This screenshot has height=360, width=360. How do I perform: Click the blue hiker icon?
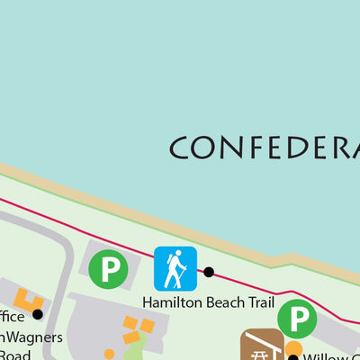click(175, 268)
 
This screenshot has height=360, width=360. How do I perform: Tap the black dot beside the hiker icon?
click(209, 272)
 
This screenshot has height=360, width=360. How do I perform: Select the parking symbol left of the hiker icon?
click(110, 268)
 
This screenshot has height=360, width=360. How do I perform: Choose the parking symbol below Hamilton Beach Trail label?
click(296, 318)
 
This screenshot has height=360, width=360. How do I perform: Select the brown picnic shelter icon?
click(260, 346)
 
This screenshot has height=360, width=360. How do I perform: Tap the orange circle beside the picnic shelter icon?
click(293, 347)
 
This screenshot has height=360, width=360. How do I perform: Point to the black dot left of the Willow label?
click(292, 358)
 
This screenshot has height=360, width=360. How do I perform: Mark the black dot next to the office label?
click(38, 314)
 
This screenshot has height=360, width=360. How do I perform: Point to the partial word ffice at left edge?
click(11, 316)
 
